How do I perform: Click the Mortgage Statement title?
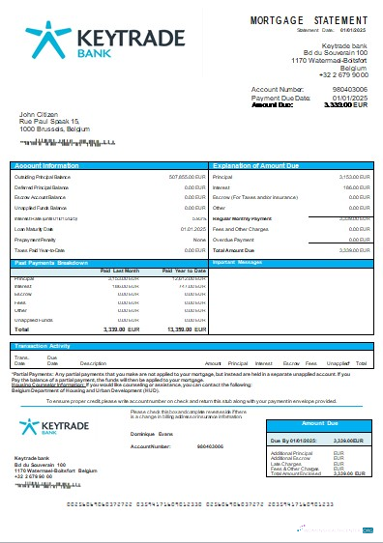click(309, 19)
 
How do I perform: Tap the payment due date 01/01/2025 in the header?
click(349, 98)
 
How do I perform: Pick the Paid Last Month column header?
click(120, 271)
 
